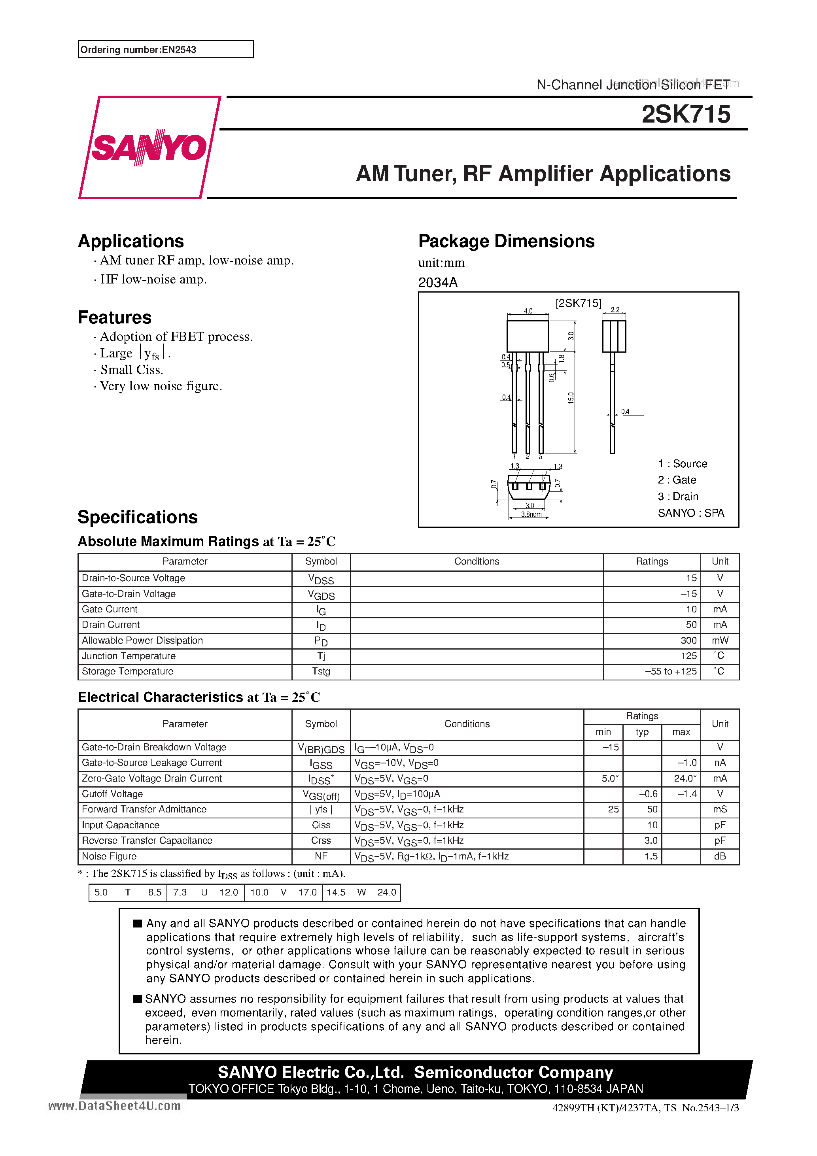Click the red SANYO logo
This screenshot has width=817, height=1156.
pyautogui.click(x=149, y=147)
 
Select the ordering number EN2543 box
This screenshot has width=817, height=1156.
pyautogui.click(x=165, y=49)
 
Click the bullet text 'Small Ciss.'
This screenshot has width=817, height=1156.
pyautogui.click(x=131, y=370)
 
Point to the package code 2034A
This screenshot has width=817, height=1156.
pyautogui.click(x=438, y=282)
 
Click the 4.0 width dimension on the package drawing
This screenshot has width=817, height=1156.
pyautogui.click(x=528, y=311)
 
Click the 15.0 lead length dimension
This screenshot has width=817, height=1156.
pyautogui.click(x=571, y=398)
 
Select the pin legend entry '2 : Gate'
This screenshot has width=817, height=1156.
pyautogui.click(x=677, y=480)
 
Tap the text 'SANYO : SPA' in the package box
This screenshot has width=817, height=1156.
pyautogui.click(x=690, y=512)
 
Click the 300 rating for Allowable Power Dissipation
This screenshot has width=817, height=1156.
pyautogui.click(x=688, y=640)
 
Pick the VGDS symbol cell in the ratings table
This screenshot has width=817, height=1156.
pyautogui.click(x=321, y=595)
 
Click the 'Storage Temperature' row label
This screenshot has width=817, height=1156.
pyautogui.click(x=127, y=671)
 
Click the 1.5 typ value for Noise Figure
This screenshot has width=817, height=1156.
pyautogui.click(x=651, y=856)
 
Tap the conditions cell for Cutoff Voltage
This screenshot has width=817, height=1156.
pyautogui.click(x=397, y=794)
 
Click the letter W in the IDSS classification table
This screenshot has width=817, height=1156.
pyautogui.click(x=361, y=892)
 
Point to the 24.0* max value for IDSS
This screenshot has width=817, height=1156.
pyautogui.click(x=685, y=778)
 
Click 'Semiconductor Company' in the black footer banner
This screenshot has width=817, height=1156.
pyautogui.click(x=513, y=1072)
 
